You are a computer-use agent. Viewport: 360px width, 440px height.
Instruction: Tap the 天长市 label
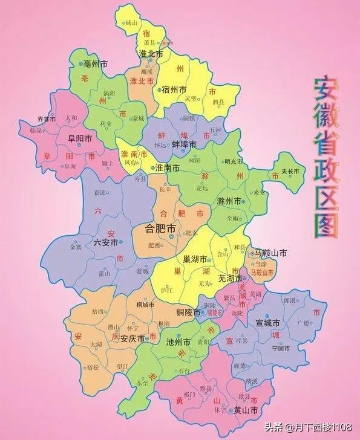pyautogui.click(x=291, y=172)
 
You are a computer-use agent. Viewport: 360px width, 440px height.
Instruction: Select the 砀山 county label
pyautogui.click(x=132, y=22)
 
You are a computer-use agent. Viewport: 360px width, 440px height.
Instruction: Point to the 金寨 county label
pyautogui.click(x=75, y=248)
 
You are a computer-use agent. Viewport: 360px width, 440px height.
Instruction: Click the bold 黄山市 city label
pyautogui.click(x=246, y=410)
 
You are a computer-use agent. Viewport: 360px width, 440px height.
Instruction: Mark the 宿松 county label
pyautogui.click(x=93, y=367)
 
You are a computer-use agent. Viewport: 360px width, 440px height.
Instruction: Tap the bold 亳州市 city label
pyautogui.click(x=96, y=63)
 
